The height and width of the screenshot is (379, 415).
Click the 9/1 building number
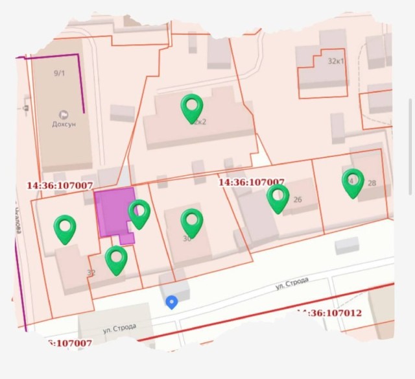pyautogui.click(x=59, y=73)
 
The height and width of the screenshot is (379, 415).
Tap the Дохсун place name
pyautogui.click(x=64, y=124)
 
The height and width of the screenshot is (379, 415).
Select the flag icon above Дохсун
pyautogui.click(x=64, y=113)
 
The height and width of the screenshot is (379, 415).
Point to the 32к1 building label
pyautogui.click(x=336, y=61)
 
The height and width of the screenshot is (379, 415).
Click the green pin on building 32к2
pyautogui.click(x=192, y=107)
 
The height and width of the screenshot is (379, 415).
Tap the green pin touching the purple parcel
pyautogui.click(x=139, y=214)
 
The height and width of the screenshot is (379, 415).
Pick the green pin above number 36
pyautogui.click(x=192, y=222)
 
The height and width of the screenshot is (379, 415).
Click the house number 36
pyautogui.click(x=187, y=239)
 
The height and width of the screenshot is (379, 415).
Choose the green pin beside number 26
pyautogui.click(x=278, y=197)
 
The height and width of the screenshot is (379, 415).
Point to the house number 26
pyautogui.click(x=298, y=200)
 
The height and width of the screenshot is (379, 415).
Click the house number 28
pyautogui.click(x=372, y=183)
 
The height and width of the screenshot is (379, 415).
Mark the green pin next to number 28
pyautogui.click(x=353, y=182)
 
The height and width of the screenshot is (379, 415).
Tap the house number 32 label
pyautogui.click(x=91, y=273)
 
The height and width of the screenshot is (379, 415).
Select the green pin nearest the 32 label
pyautogui.click(x=116, y=259)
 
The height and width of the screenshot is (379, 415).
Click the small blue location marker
pyautogui.click(x=171, y=302)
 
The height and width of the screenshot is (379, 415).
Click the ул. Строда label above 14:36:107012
pyautogui.click(x=291, y=284)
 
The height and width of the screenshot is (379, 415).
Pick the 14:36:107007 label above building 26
pyautogui.click(x=251, y=182)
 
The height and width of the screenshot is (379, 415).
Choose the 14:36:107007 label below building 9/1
pyautogui.click(x=60, y=186)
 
